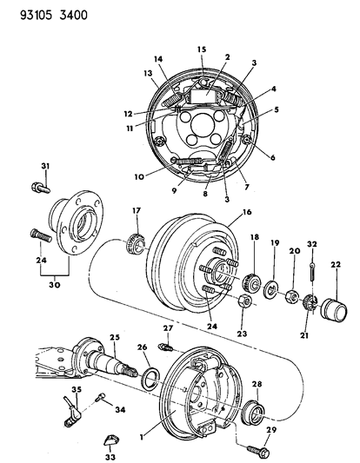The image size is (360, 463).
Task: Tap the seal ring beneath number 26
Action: pos(150,379)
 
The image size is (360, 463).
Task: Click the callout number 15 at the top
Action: pos(200,49)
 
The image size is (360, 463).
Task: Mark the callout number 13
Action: pos(148,75)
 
